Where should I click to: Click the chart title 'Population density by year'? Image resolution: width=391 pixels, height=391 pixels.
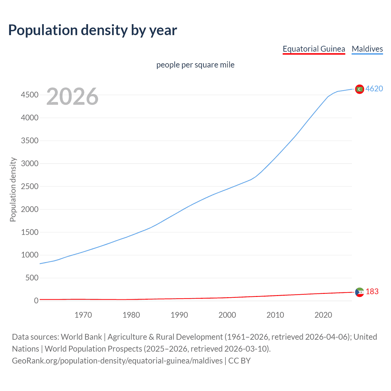(93, 30)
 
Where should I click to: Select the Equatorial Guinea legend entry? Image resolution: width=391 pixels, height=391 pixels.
(314, 49)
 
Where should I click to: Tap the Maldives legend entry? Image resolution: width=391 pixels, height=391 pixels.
(367, 49)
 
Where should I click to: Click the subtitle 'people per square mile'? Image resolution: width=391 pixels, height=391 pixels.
(195, 65)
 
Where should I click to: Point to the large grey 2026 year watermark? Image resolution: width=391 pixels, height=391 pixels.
(72, 97)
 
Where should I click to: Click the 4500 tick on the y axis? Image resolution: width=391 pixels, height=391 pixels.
(30, 95)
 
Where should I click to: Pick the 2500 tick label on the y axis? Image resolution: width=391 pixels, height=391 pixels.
(30, 186)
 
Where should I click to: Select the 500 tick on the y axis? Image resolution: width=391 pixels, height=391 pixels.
(32, 278)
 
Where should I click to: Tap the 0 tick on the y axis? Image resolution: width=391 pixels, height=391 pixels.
(36, 301)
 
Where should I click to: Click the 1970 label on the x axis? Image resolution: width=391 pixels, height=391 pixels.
(83, 315)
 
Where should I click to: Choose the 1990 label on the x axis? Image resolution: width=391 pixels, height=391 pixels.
(179, 315)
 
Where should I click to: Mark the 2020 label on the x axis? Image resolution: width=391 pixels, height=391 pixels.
(323, 315)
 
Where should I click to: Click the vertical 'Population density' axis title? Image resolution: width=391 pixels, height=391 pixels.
(13, 189)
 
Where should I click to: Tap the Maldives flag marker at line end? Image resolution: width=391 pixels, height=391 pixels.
(360, 89)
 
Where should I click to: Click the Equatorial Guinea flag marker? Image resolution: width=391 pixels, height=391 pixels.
(360, 292)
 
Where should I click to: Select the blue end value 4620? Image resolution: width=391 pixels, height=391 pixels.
(374, 89)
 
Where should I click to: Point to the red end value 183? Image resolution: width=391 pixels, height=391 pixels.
(372, 292)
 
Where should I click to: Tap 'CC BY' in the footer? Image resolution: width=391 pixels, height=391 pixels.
(239, 361)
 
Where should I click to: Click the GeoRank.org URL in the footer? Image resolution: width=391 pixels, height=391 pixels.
(117, 361)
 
